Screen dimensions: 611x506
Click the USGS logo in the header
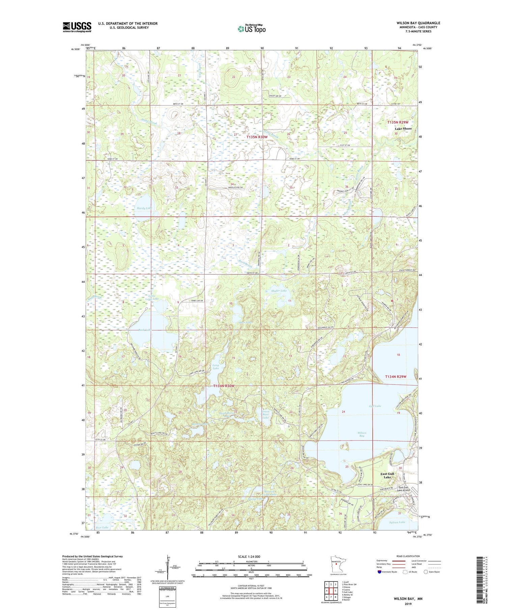click(x=77, y=27)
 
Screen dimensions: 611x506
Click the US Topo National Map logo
click(x=251, y=29)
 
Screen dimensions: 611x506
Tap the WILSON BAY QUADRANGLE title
click(x=418, y=23)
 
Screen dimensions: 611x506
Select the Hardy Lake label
click(x=144, y=208)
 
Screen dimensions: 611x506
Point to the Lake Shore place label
click(x=403, y=129)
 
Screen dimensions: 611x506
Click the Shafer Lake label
click(x=279, y=291)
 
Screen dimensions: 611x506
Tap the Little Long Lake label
click(x=152, y=297)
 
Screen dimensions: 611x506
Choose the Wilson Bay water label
click(x=361, y=434)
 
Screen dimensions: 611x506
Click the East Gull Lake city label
click(x=387, y=475)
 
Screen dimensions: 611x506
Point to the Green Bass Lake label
click(x=265, y=415)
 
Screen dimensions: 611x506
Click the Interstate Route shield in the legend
click(x=380, y=572)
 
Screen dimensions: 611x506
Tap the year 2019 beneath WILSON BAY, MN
click(x=408, y=602)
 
